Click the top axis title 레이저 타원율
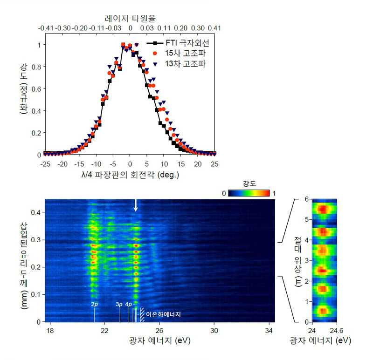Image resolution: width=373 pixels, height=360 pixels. (x=130, y=18)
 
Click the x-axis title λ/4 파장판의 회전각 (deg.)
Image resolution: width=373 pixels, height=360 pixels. (x=130, y=175)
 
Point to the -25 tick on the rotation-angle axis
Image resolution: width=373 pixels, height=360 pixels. (x=45, y=164)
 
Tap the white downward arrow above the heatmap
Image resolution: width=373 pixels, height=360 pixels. (x=136, y=205)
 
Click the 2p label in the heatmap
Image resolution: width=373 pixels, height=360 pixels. (x=94, y=304)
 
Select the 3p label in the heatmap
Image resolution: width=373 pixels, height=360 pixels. (x=119, y=304)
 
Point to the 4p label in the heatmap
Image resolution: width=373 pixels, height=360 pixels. (x=129, y=304)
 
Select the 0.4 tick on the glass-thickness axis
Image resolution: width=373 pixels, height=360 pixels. (x=35, y=212)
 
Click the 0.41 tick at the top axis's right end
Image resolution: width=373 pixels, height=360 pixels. (x=214, y=28)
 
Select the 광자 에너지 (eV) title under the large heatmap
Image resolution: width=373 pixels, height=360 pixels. (x=159, y=341)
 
